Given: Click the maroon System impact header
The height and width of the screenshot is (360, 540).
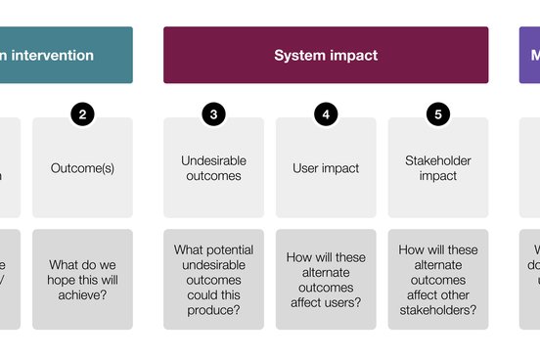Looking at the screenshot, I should (x=326, y=55).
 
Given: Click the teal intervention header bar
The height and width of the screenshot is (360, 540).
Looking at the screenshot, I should (x=66, y=55).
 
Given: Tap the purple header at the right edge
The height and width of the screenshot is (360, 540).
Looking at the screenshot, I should (x=529, y=55).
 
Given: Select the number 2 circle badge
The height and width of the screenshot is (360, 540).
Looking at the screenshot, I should (x=82, y=114).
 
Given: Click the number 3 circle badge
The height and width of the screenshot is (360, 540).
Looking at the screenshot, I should (x=214, y=114).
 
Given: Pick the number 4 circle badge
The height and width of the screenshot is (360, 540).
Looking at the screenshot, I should (x=326, y=114).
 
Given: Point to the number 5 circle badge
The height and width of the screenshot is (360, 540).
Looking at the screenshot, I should (x=437, y=114).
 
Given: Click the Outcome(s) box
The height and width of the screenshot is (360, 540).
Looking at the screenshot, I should (x=82, y=168).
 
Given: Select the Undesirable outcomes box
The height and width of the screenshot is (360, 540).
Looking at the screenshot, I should (x=214, y=168).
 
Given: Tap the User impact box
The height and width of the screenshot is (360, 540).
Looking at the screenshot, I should (x=326, y=168).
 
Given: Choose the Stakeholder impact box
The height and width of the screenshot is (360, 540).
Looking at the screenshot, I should (x=437, y=168).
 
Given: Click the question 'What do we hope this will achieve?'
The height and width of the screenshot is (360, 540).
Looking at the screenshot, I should (x=82, y=279).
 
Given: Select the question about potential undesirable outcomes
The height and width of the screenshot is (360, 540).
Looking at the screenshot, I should (x=214, y=279).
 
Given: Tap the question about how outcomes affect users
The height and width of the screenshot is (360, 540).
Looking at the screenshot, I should (x=326, y=279).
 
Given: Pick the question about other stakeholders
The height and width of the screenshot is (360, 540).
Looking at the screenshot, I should (x=437, y=279).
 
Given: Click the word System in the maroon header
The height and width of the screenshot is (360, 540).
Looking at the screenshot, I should (x=299, y=56).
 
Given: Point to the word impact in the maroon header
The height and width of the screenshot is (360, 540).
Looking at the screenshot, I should (x=353, y=56).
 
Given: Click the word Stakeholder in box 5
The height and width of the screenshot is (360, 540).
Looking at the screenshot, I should (x=437, y=159).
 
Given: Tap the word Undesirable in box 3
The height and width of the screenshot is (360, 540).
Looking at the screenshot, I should (x=214, y=159).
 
